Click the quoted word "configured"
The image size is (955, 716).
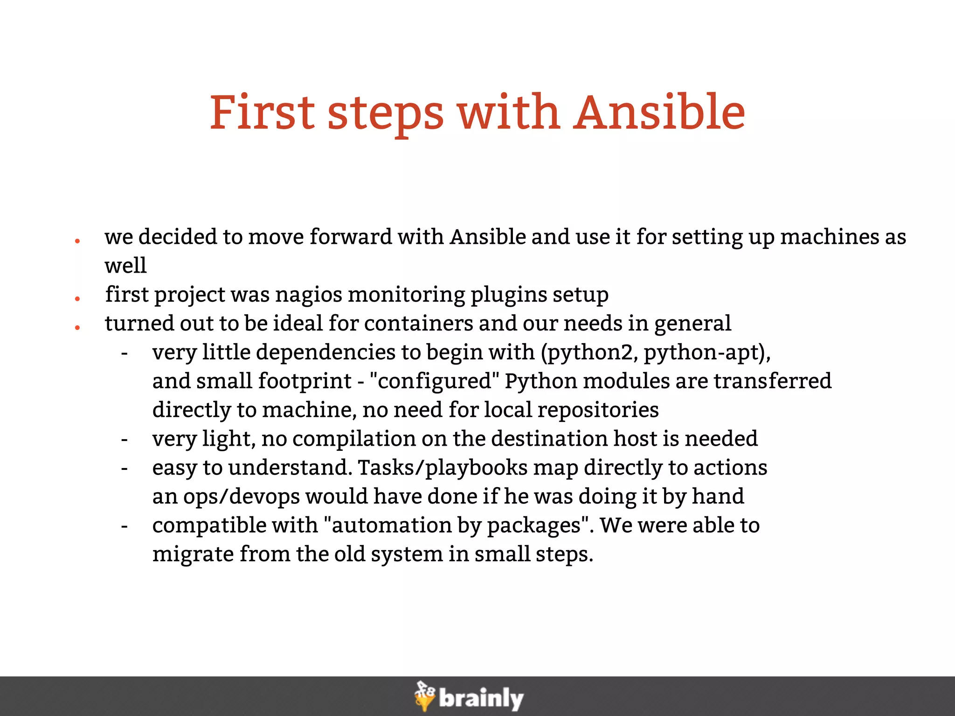tap(434, 381)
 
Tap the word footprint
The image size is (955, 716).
tap(304, 381)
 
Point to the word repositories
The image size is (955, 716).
tap(598, 410)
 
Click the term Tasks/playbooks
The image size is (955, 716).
tap(443, 468)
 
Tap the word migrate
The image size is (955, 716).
tap(193, 554)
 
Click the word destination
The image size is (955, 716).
tap(549, 439)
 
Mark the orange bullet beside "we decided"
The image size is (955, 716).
tap(77, 241)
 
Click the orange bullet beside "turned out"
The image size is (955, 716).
tap(77, 328)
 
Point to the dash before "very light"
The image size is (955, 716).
tap(124, 439)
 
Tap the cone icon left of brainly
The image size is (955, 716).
tap(424, 696)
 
